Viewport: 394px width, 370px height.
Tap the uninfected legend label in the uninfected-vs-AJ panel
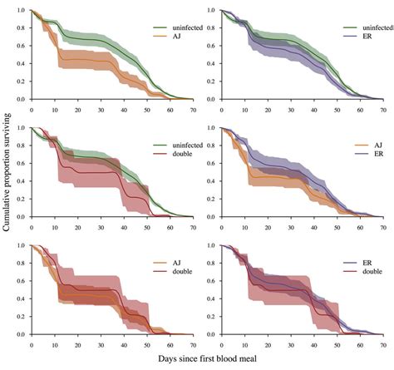tap(177, 27)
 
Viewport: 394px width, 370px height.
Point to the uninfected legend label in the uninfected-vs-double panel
tap(177, 145)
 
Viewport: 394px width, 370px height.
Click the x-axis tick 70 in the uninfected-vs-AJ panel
tap(193, 109)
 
